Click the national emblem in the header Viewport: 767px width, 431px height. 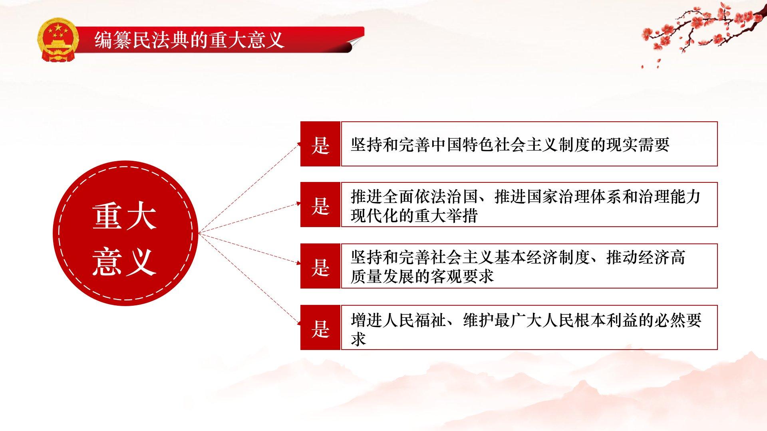click(58, 40)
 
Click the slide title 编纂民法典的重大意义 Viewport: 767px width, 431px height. click(189, 40)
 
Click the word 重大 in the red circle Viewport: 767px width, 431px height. click(125, 217)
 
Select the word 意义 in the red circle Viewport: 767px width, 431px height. click(125, 262)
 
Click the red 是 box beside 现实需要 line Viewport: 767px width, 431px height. click(320, 144)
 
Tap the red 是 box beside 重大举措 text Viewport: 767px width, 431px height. click(320, 205)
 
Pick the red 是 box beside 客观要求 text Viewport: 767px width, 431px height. click(320, 266)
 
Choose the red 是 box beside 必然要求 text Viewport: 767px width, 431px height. click(320, 328)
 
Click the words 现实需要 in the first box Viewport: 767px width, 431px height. click(638, 144)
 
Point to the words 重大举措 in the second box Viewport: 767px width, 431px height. click(446, 216)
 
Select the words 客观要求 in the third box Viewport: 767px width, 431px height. click(462, 276)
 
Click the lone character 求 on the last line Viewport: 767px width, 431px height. click(359, 339)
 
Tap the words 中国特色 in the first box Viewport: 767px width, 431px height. click(462, 144)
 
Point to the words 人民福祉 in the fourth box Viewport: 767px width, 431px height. click(414, 320)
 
